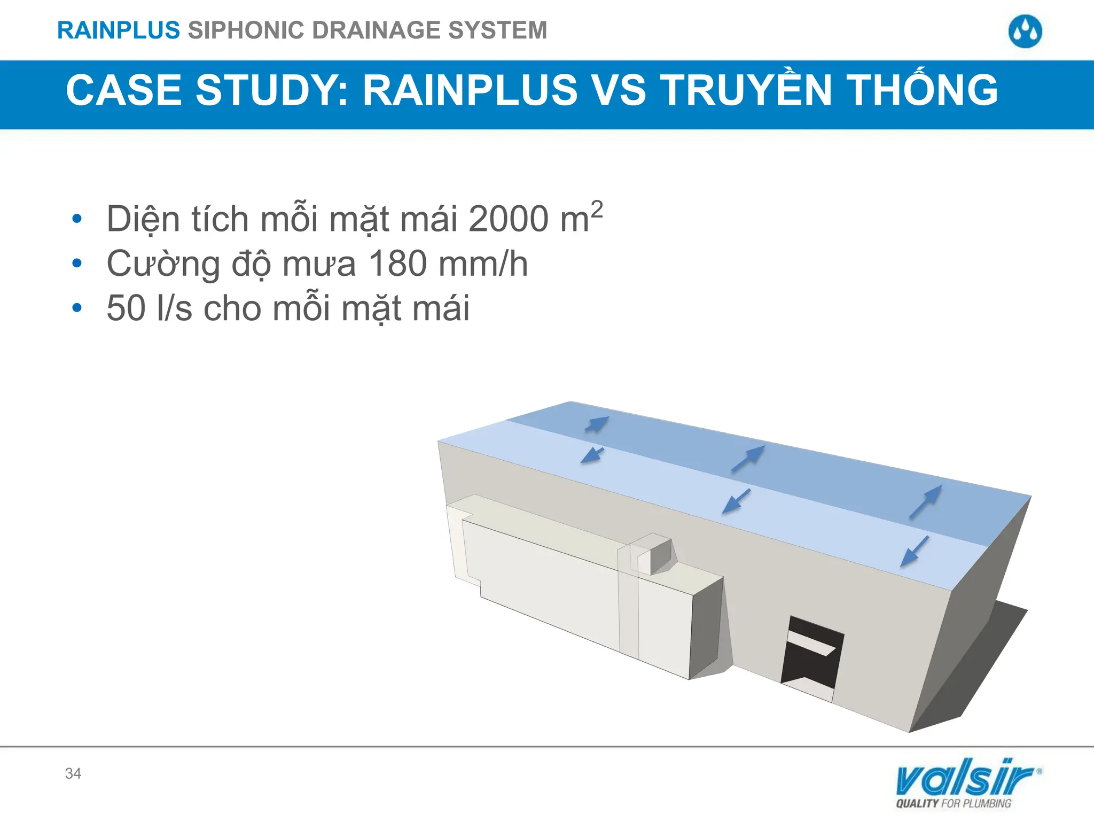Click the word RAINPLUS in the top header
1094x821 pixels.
coord(118,30)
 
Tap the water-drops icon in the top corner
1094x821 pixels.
coord(1025,32)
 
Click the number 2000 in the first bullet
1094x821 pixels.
coord(508,219)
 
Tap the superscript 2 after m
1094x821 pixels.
coord(597,208)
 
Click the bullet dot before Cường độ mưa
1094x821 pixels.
coord(77,263)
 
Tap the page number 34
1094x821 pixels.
coord(73,773)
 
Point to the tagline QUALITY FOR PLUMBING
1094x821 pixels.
coord(954,803)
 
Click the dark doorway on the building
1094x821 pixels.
coord(811,655)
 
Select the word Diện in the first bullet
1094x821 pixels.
coord(143,219)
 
